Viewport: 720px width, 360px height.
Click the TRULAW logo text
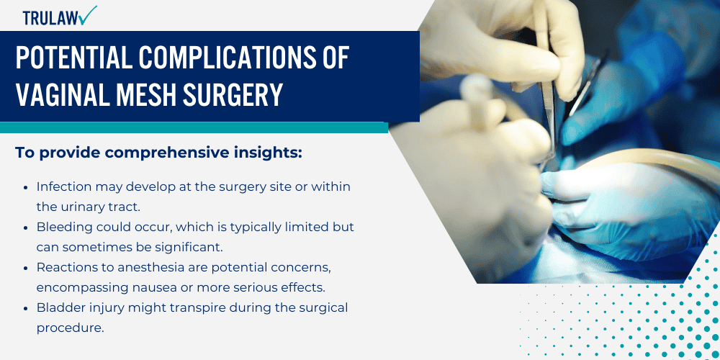49,17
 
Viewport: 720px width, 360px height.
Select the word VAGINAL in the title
68,95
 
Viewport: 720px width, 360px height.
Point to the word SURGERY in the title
229,95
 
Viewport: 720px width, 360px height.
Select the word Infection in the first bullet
66,186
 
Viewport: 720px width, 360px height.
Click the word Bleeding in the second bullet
65,227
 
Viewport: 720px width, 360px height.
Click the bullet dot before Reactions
27,267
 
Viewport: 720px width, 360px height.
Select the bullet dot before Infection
27,186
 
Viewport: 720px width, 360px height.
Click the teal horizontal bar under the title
194,127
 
